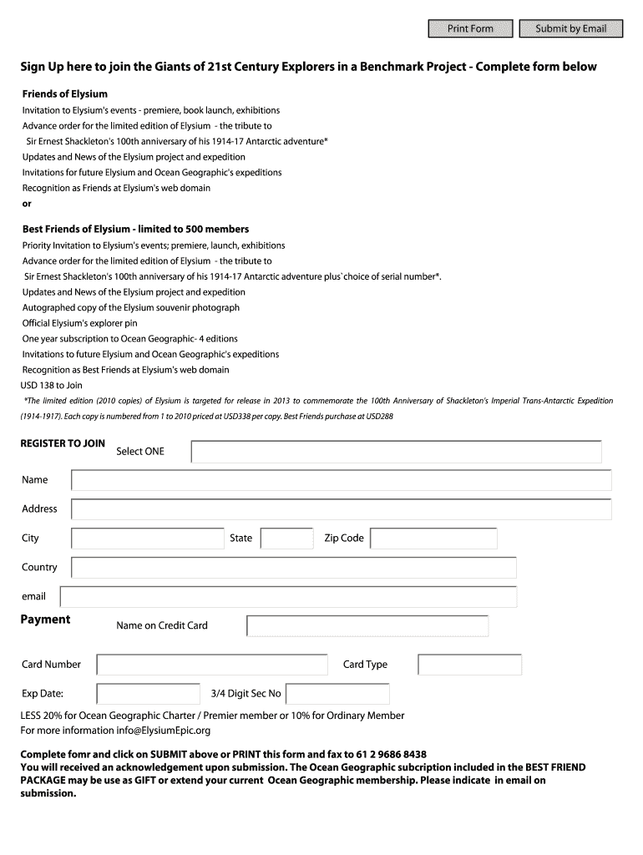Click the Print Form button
point(470,29)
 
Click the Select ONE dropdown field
point(396,452)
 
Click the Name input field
point(341,480)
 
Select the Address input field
point(341,509)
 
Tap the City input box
point(148,539)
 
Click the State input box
point(286,539)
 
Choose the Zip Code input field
point(433,539)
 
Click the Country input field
point(294,568)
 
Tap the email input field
point(288,597)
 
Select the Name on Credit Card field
point(367,626)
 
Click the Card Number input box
point(212,665)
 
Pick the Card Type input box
point(469,665)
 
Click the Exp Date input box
point(148,694)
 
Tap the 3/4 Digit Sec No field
point(337,694)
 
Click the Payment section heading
point(45,620)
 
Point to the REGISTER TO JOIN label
point(63,443)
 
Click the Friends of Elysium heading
point(64,94)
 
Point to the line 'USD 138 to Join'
point(52,385)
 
